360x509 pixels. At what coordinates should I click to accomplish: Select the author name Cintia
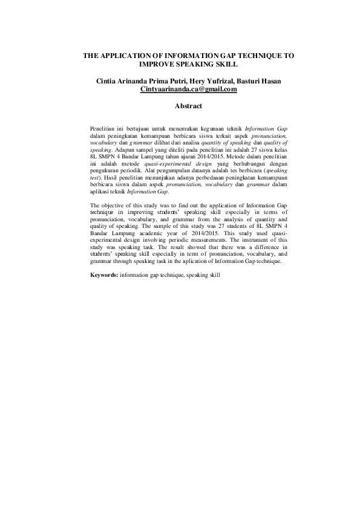106,80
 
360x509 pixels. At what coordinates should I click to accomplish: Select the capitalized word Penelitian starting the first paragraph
103,130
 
